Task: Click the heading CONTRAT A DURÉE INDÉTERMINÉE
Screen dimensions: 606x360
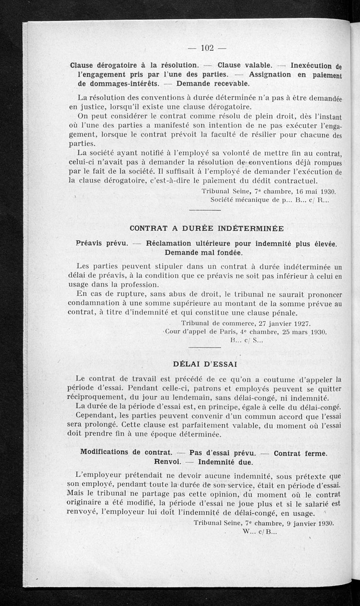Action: tap(207, 228)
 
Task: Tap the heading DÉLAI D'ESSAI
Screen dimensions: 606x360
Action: tap(205, 363)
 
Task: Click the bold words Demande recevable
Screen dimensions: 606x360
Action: tap(212, 84)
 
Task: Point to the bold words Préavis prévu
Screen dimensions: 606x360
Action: tap(103, 244)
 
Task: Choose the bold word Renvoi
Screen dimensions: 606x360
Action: tap(167, 462)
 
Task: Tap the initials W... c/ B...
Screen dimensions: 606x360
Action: tap(260, 531)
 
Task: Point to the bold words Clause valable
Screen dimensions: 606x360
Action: tap(244, 64)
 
